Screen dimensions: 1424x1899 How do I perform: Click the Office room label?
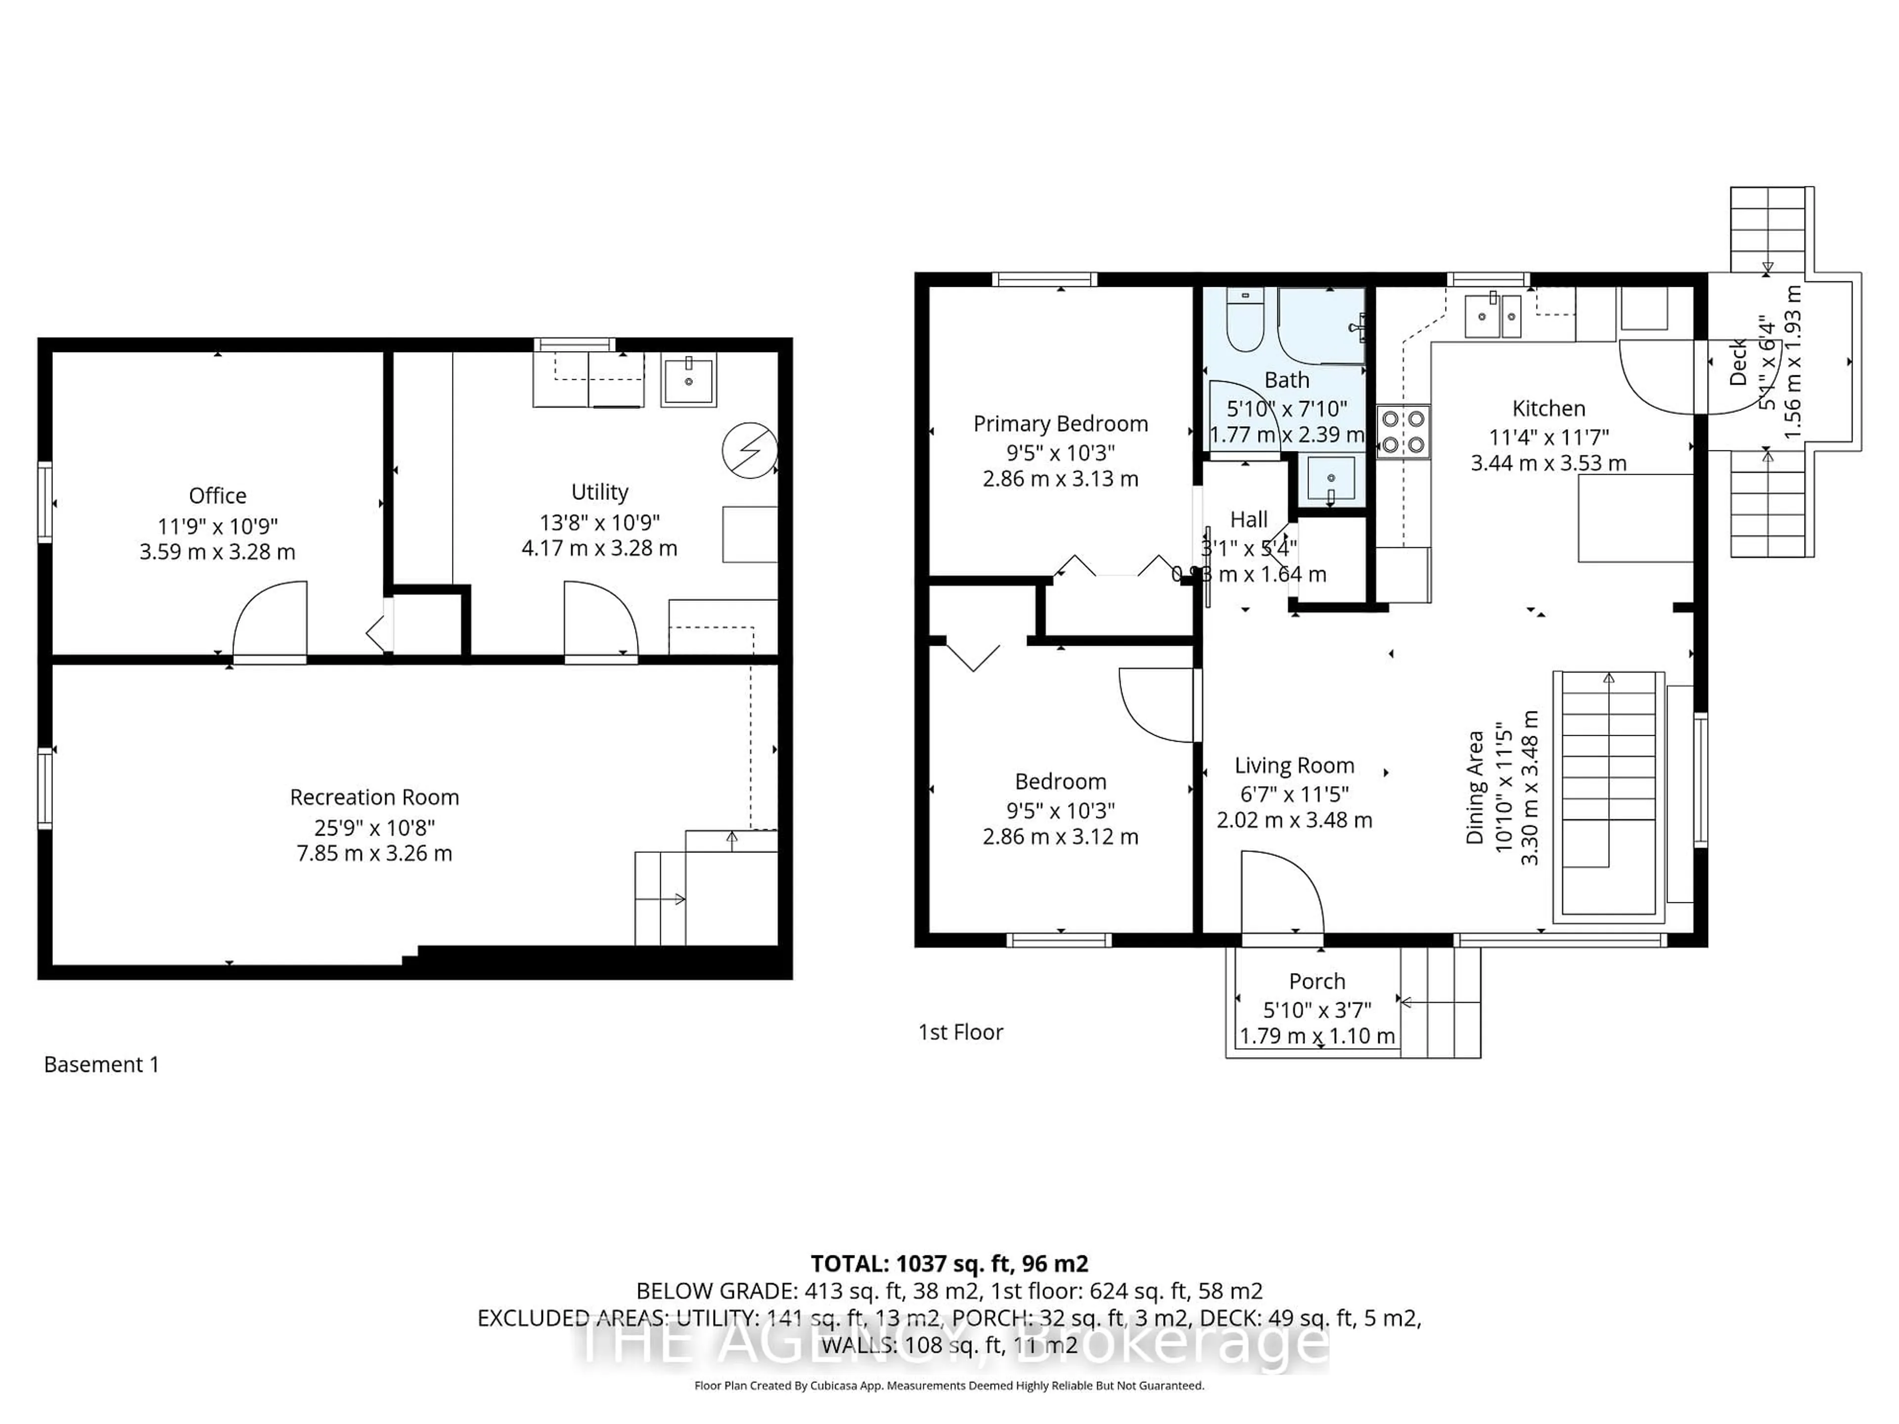[x=217, y=495]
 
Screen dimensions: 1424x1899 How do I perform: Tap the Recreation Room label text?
[x=374, y=798]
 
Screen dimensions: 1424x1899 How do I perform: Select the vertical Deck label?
[x=1738, y=362]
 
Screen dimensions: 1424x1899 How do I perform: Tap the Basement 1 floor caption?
[x=101, y=1065]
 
